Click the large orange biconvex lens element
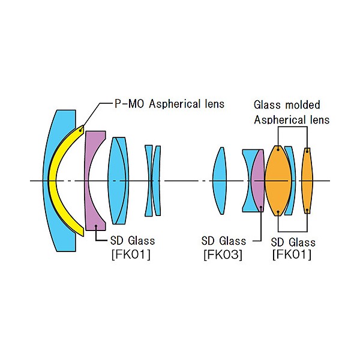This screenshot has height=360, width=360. tap(278, 181)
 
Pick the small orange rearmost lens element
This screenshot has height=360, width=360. tap(307, 181)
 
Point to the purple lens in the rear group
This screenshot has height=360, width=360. tap(258, 181)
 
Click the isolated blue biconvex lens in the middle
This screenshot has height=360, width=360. tap(220, 181)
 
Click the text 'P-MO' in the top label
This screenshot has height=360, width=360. tap(129, 104)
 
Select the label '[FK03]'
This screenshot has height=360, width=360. tap(223, 254)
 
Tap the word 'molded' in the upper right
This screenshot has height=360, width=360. tap(302, 105)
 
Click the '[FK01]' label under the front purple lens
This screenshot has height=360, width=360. tap(131, 254)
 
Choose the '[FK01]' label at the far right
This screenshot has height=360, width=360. tap(292, 254)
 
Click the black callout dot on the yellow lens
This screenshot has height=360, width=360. tap(80, 131)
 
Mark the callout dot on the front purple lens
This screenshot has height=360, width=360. tap(96, 226)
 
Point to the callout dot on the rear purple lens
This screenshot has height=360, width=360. tap(261, 208)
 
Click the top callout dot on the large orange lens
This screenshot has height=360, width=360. tap(278, 149)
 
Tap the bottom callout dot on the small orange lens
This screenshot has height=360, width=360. tap(307, 210)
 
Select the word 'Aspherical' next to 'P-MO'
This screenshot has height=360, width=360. tap(175, 104)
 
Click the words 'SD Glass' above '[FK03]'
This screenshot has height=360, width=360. tap(224, 241)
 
